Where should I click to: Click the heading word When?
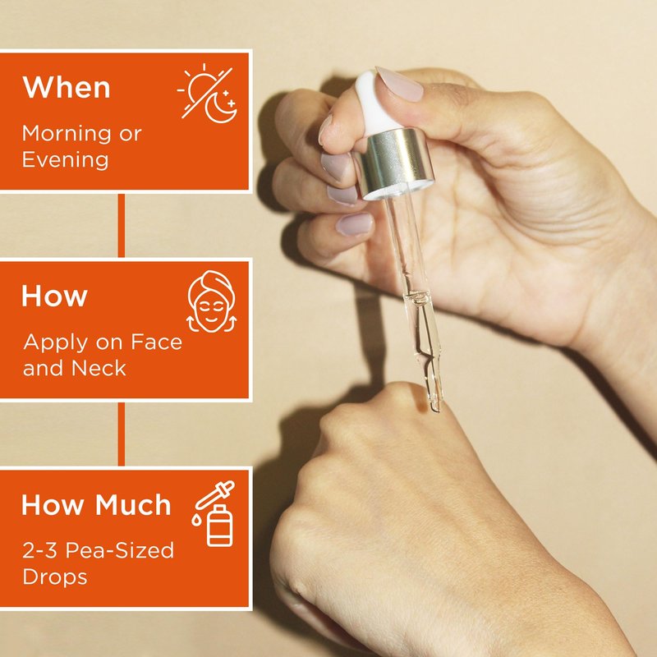click(x=67, y=87)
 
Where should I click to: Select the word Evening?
click(x=66, y=159)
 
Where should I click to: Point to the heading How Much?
click(x=96, y=504)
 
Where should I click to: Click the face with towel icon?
click(x=211, y=301)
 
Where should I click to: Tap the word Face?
click(x=157, y=342)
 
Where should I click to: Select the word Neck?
click(x=99, y=368)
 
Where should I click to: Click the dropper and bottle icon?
click(x=214, y=513)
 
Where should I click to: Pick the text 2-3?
click(x=39, y=550)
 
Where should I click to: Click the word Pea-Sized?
click(x=119, y=550)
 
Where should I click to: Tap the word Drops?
click(x=55, y=577)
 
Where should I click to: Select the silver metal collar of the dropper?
click(x=394, y=163)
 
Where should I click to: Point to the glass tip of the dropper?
click(x=435, y=402)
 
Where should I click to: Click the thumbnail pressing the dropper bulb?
click(x=398, y=85)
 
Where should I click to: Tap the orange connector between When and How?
click(x=121, y=225)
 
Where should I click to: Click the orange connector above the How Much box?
click(x=121, y=434)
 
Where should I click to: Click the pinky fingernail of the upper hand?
click(x=354, y=224)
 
